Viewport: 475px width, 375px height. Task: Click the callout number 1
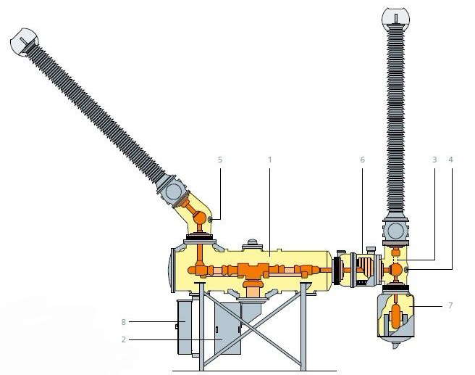[x=269, y=160]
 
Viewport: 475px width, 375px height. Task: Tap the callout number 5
[x=220, y=160]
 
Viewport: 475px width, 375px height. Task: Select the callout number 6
[x=363, y=160]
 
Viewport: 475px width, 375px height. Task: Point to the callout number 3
[x=434, y=160]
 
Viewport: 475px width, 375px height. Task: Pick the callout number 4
[x=451, y=160]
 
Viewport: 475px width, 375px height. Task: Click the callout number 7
[x=450, y=305]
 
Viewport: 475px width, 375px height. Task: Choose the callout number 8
[x=123, y=322]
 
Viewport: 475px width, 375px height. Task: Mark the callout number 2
[x=123, y=339]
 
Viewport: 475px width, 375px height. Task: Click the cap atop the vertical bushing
[x=395, y=17]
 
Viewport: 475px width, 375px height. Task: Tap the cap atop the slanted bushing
[x=24, y=42]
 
